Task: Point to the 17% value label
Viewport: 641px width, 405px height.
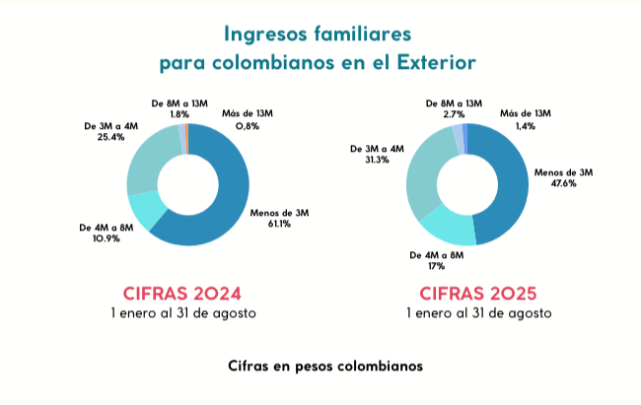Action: coord(437,266)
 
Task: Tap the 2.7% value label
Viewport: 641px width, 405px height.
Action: coord(454,114)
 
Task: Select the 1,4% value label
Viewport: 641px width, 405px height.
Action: coord(525,126)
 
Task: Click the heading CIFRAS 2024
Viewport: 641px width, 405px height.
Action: coord(182,293)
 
